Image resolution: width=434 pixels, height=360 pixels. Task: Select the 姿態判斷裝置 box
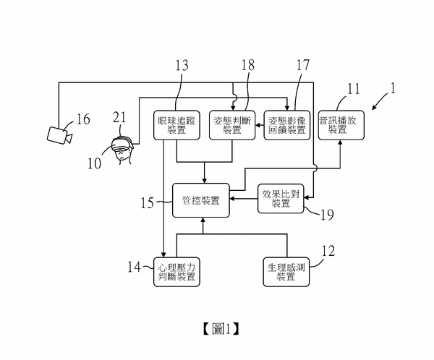click(231, 124)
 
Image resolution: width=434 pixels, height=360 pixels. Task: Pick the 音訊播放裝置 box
click(341, 124)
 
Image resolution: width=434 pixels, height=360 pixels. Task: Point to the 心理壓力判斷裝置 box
click(177, 273)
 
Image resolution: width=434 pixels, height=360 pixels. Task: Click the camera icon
click(57, 134)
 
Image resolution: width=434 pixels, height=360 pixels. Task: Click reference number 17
click(302, 65)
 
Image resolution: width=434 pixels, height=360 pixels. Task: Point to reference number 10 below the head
click(95, 163)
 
